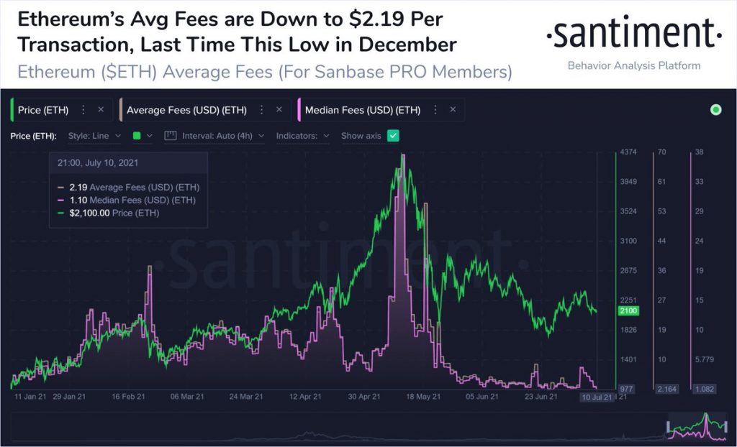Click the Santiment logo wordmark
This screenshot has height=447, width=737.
pos(633,34)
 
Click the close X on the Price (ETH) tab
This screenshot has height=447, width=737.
pos(101,110)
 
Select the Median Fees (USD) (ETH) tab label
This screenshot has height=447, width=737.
pos(362,110)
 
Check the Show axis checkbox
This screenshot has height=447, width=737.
pos(393,135)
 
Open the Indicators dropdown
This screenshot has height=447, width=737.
pos(303,135)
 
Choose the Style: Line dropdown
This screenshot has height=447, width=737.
pos(94,135)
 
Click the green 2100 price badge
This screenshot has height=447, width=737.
pos(628,310)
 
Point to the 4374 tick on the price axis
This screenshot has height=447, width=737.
pos(628,152)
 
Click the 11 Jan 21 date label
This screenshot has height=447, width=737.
pos(30,396)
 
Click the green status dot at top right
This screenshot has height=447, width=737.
pos(715,110)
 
